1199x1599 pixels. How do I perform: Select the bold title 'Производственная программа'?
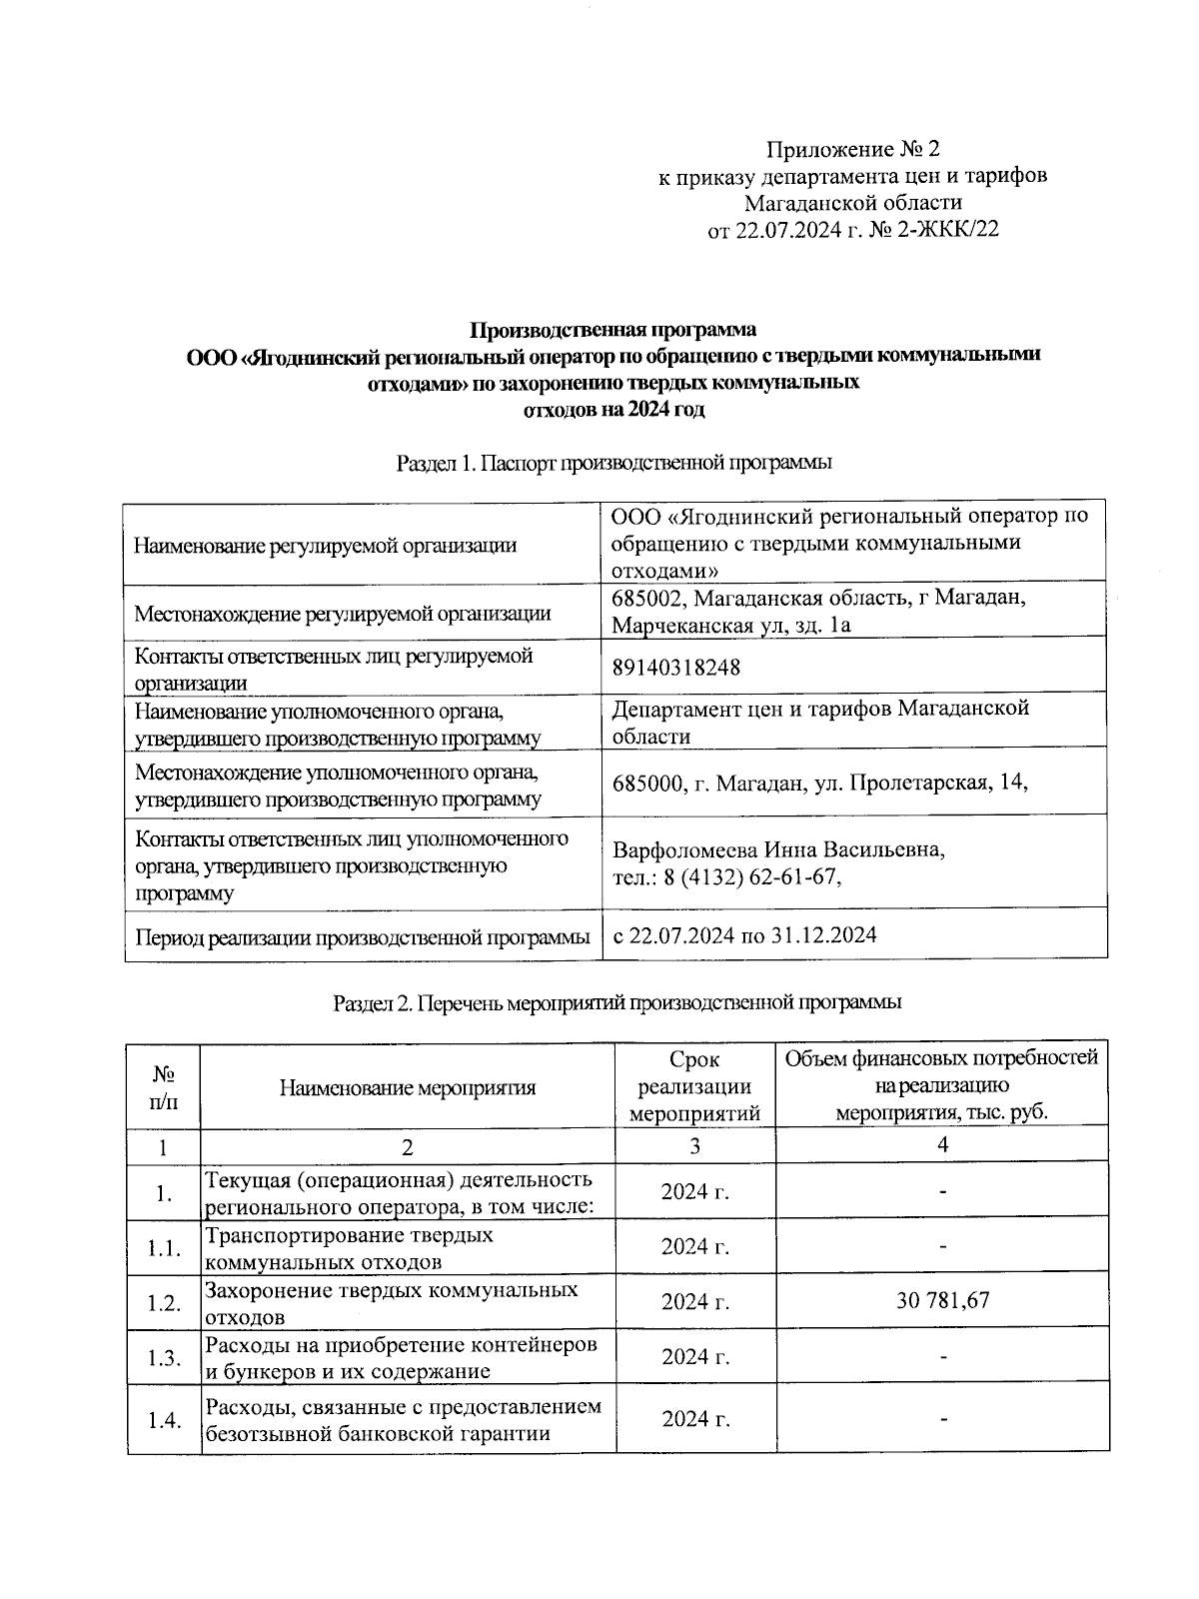coord(613,330)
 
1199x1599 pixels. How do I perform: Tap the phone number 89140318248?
coord(676,668)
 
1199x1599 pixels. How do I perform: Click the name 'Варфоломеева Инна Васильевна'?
coord(778,850)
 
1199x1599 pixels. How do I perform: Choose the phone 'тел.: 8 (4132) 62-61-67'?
coord(721,877)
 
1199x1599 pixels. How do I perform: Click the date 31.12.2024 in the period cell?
coord(825,936)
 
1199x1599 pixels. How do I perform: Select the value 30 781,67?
coord(942,1300)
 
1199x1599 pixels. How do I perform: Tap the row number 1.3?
coord(163,1357)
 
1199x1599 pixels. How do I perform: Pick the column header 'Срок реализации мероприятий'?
coord(694,1086)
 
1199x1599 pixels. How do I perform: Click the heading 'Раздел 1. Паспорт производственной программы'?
coord(614,463)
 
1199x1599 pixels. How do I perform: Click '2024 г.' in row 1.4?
coord(694,1419)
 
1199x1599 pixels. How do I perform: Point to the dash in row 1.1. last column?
coord(942,1246)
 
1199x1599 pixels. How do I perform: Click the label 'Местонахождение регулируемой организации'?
coord(343,614)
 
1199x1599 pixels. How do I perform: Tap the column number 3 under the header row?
coord(694,1145)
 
